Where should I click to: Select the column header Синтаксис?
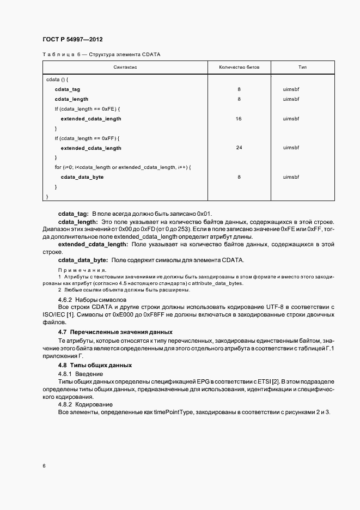125,68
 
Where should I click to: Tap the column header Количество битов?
239,68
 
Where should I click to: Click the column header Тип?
302,68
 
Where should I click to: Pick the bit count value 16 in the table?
239,119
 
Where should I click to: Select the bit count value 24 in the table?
239,148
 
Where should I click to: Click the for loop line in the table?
123,167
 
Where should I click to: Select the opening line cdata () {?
57,80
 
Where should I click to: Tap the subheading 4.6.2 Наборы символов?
92,300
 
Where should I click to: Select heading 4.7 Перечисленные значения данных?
115,332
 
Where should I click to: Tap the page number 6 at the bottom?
44,466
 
